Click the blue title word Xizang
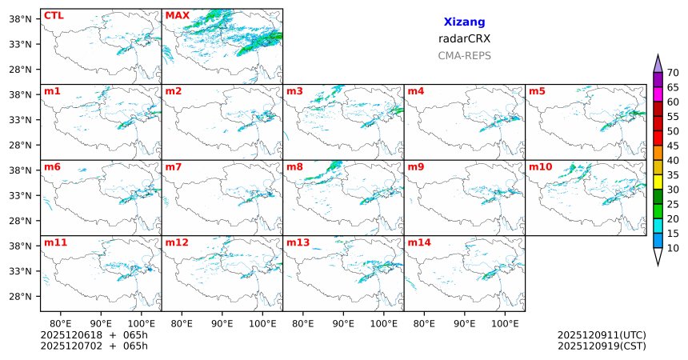(x=464, y=22)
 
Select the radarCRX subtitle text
(x=464, y=38)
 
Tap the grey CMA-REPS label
(x=464, y=56)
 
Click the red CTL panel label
(x=54, y=15)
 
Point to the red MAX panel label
(x=177, y=15)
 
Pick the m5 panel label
(x=537, y=91)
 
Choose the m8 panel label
(x=294, y=167)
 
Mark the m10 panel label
(x=540, y=167)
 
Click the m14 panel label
(x=418, y=242)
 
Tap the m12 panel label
(x=177, y=242)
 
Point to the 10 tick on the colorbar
(x=674, y=249)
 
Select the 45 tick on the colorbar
(x=674, y=145)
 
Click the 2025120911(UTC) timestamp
(x=602, y=335)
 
